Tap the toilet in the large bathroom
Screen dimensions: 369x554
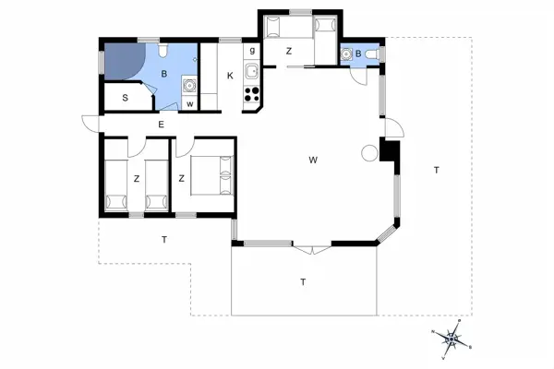(x=162, y=53)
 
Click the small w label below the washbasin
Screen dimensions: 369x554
(x=189, y=103)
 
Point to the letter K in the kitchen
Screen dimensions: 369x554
(x=230, y=76)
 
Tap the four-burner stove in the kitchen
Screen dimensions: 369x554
(x=251, y=92)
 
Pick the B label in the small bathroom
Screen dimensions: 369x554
(x=359, y=54)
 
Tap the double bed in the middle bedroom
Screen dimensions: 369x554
(x=211, y=173)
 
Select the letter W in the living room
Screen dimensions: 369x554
(x=314, y=161)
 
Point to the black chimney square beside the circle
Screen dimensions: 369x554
(x=389, y=150)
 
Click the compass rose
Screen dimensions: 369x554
(x=452, y=339)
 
